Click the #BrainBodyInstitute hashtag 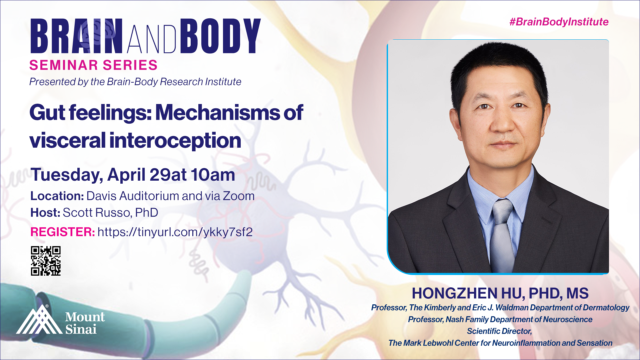[x=559, y=22]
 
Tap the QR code [x=46, y=261]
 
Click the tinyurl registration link [x=175, y=232]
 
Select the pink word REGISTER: [x=63, y=232]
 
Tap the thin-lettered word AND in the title [x=152, y=39]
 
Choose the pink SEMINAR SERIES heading [x=93, y=65]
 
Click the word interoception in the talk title [x=175, y=140]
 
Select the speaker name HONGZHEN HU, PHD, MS [x=500, y=293]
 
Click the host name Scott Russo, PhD [x=110, y=213]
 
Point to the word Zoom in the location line [x=239, y=196]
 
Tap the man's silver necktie [x=502, y=233]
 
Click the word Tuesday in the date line [x=67, y=175]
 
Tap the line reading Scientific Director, [x=499, y=331]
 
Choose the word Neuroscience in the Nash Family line [x=568, y=319]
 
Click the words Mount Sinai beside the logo [x=85, y=323]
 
